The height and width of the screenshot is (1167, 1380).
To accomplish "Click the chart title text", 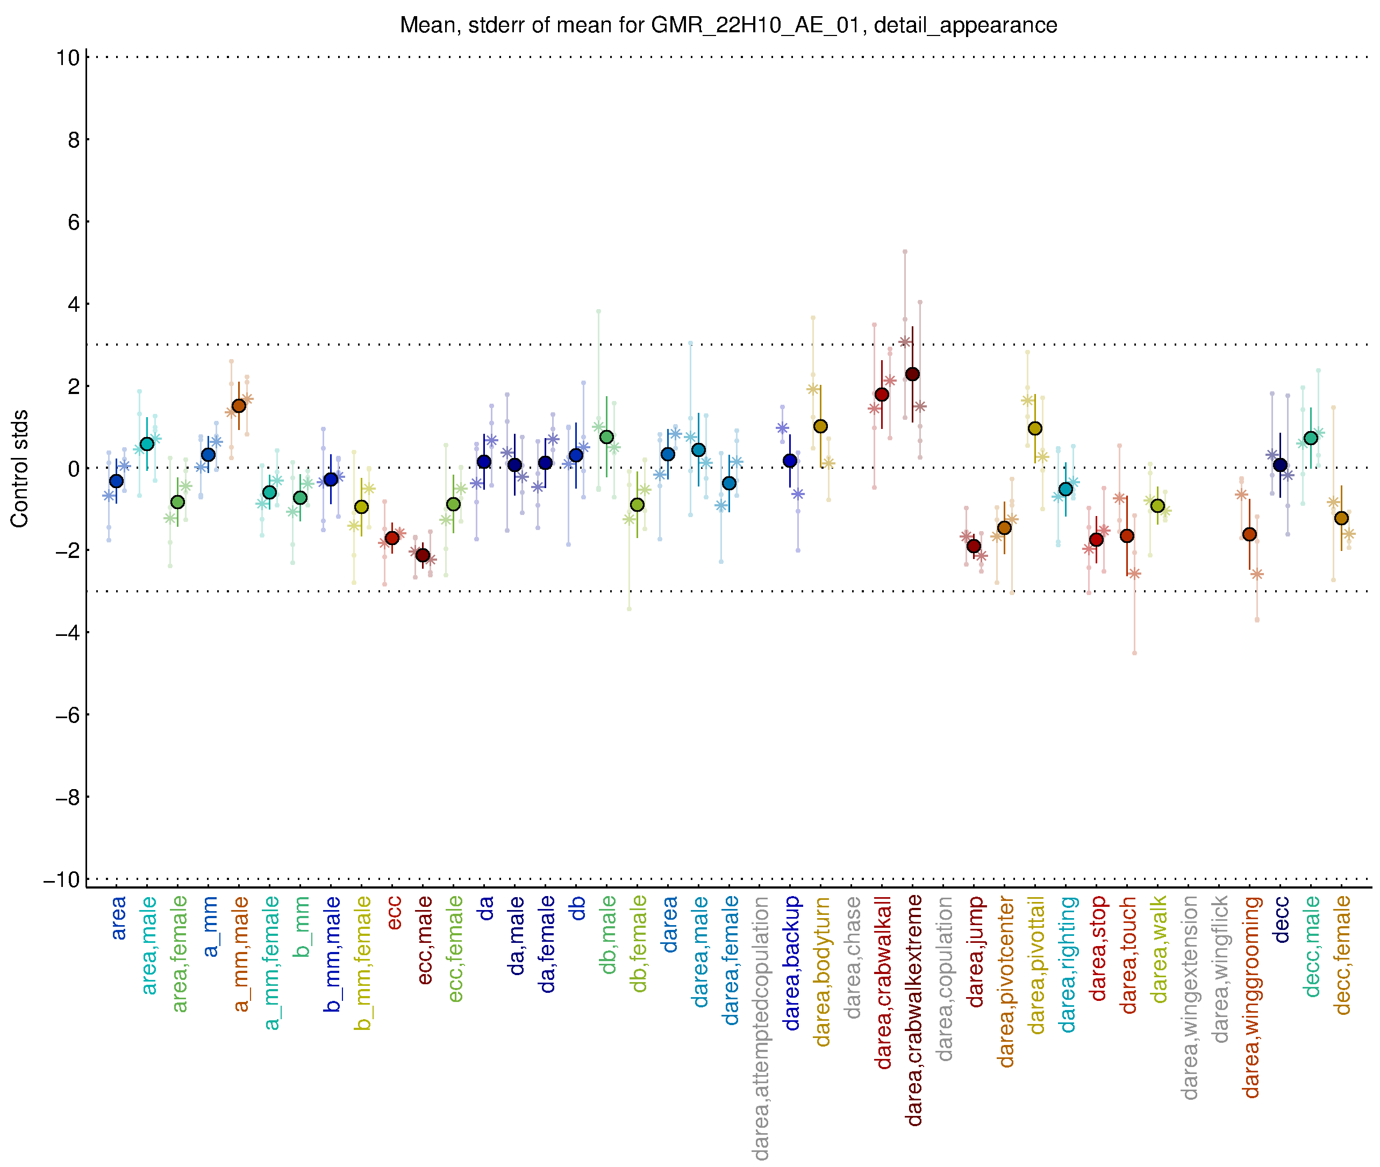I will coord(728,25).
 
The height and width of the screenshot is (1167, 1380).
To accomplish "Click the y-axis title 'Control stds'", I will coord(20,468).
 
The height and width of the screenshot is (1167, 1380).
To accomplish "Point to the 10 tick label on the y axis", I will coord(68,58).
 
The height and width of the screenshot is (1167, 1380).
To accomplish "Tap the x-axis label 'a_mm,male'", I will coord(241,954).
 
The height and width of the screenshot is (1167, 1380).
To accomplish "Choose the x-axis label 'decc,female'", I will coord(1342,955).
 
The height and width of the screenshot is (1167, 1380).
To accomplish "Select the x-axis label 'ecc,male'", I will coord(425,940).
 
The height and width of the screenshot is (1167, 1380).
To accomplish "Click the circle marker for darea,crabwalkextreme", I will coord(912,375).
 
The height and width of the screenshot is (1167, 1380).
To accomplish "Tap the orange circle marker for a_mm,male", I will coord(239,405).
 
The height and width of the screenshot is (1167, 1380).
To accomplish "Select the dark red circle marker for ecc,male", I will coord(423,555).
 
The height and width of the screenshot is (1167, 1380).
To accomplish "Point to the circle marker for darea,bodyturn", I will coord(820,427).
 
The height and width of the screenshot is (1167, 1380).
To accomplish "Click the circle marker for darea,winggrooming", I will coord(1249,534).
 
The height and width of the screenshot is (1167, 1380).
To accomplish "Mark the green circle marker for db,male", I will coord(606,438).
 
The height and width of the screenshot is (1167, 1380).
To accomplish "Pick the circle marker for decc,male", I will coord(1311,438).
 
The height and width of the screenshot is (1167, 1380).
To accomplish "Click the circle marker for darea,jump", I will coord(974,546).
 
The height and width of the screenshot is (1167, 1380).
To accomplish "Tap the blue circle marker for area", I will coord(117,481).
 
